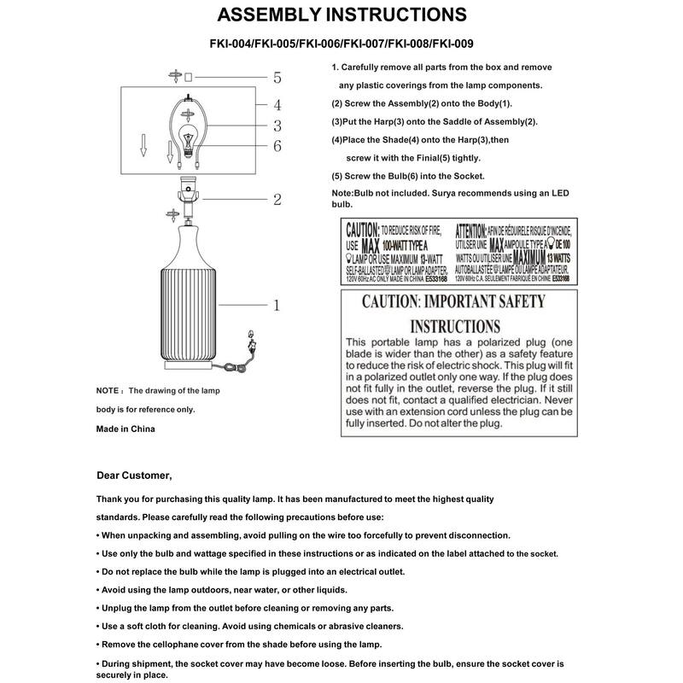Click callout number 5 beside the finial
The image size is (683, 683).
[x=277, y=78]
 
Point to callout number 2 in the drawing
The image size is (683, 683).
[x=277, y=200]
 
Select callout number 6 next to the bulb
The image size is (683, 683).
[x=277, y=146]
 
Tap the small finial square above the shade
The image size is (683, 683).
[x=189, y=77]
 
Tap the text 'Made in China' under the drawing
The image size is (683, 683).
[x=126, y=429]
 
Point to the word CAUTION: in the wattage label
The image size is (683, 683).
[x=359, y=231]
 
